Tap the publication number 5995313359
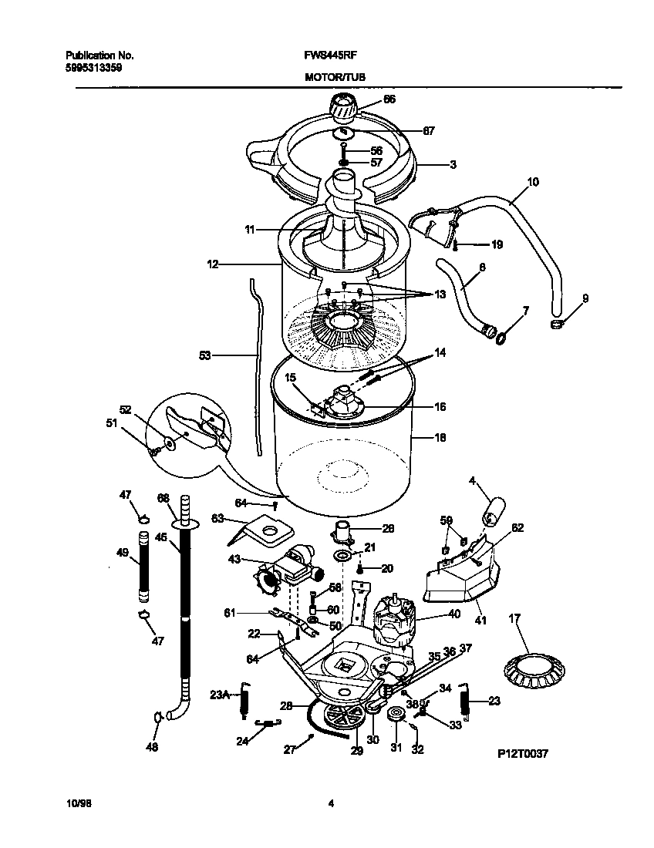coord(94,67)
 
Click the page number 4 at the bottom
coord(331,803)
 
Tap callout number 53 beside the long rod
coord(205,355)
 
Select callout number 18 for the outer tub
coord(440,437)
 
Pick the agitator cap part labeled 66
coord(344,106)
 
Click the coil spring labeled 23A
coord(245,698)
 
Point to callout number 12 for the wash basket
coord(213,264)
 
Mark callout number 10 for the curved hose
coord(532,183)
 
